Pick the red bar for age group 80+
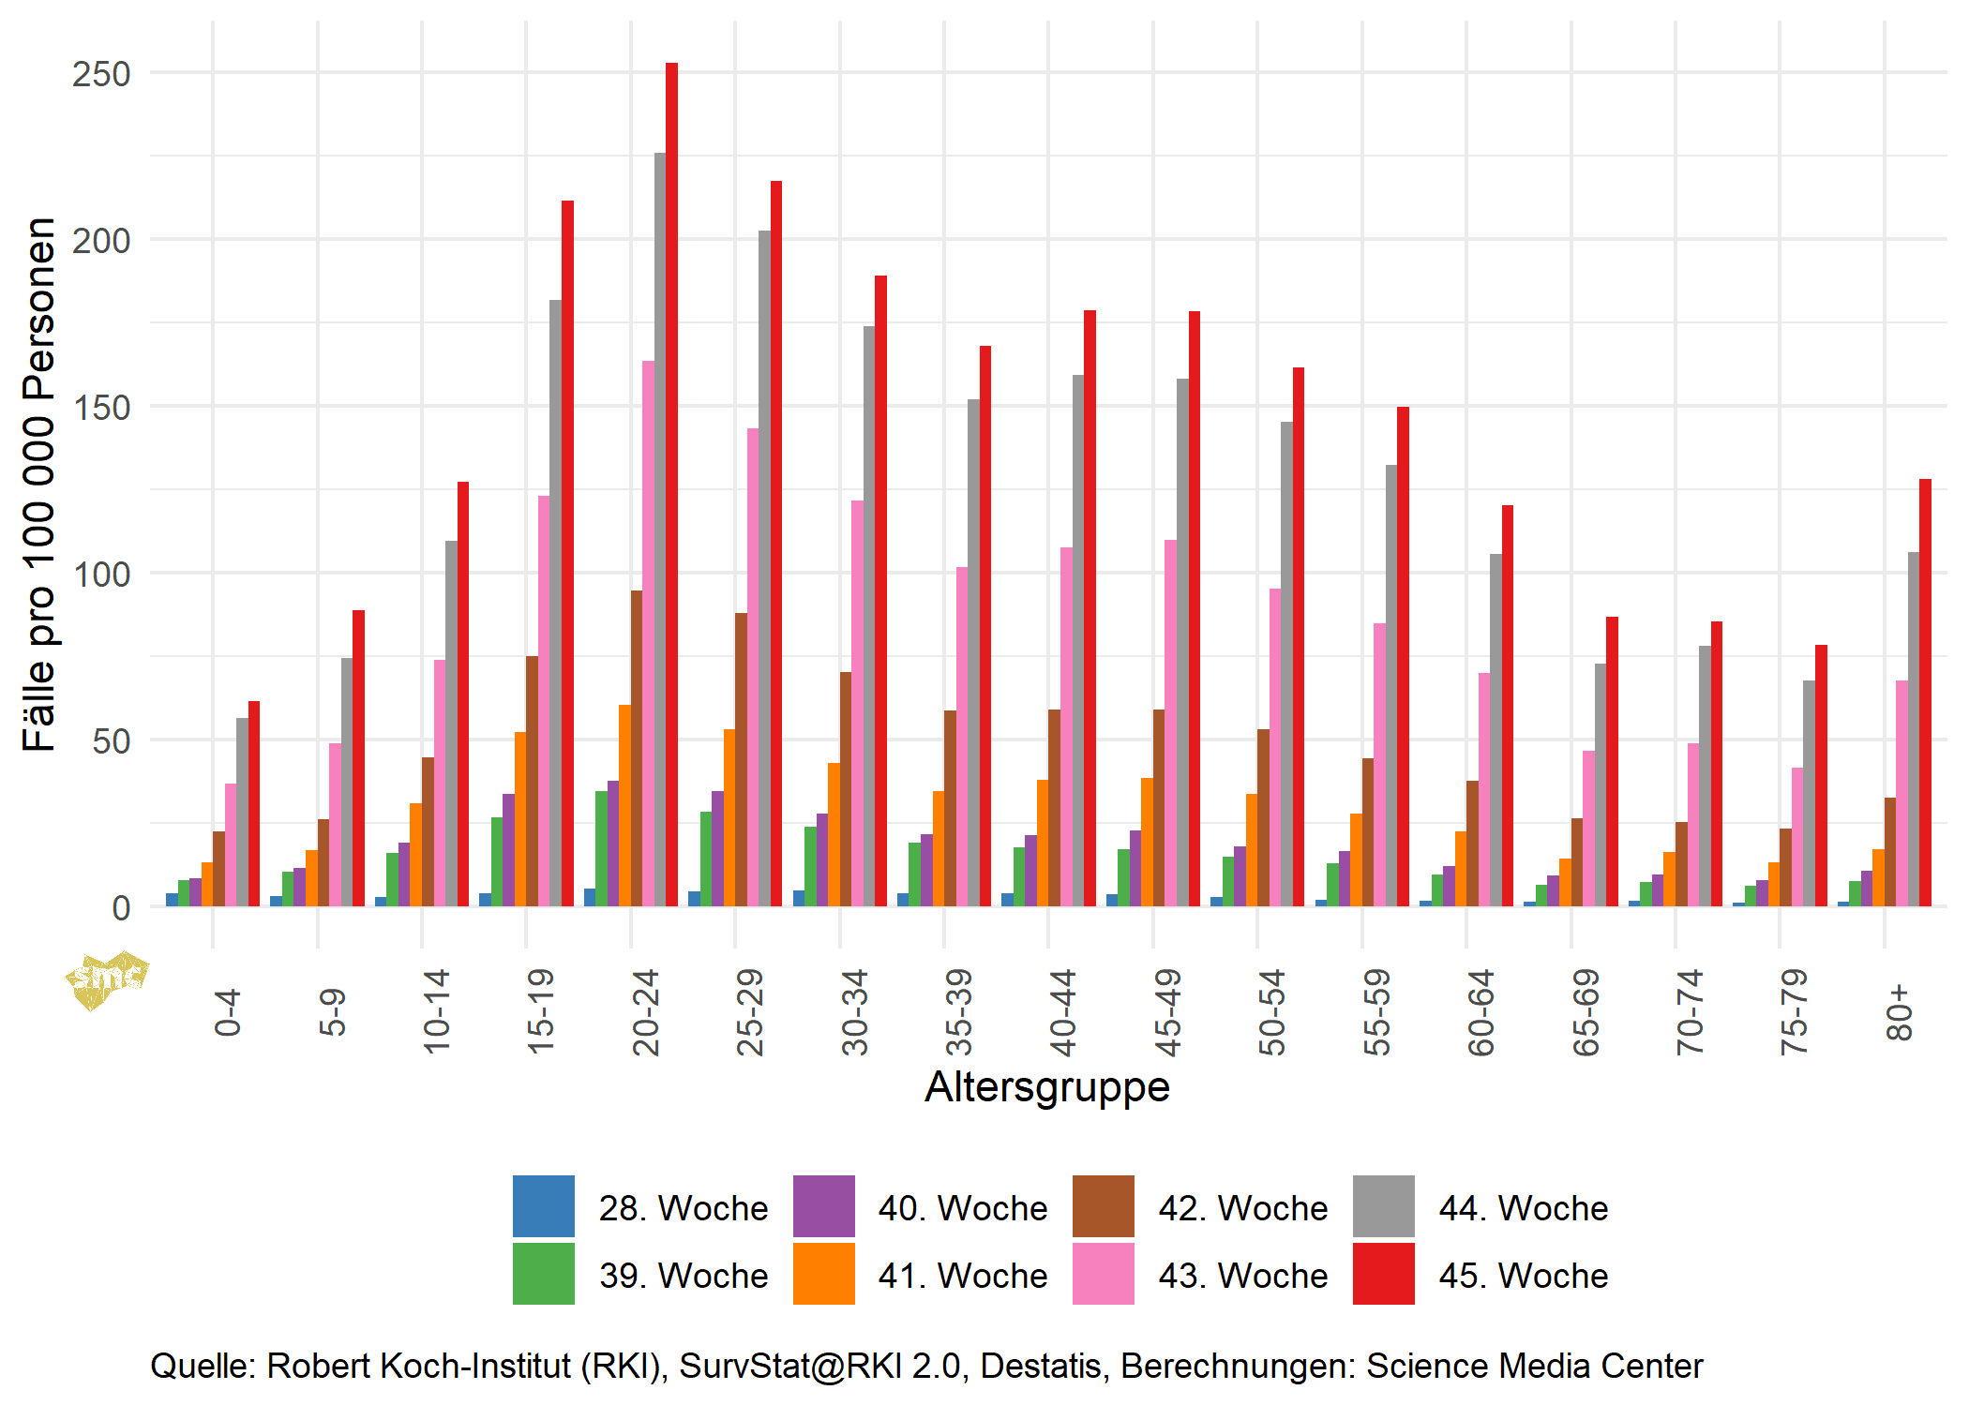click(x=1925, y=693)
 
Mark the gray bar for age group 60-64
click(x=1496, y=730)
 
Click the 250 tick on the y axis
click(x=101, y=74)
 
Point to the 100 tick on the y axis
click(x=101, y=575)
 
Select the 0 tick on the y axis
click(x=120, y=907)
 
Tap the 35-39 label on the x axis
click(x=958, y=1012)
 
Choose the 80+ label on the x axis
click(x=1899, y=1012)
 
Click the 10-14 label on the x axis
click(x=436, y=1012)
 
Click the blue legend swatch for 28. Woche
click(x=543, y=1206)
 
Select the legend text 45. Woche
click(x=1523, y=1276)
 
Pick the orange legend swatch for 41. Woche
click(x=823, y=1274)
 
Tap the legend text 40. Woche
click(x=962, y=1208)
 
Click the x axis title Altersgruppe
click(x=1046, y=1087)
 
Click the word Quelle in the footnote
click(x=203, y=1366)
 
